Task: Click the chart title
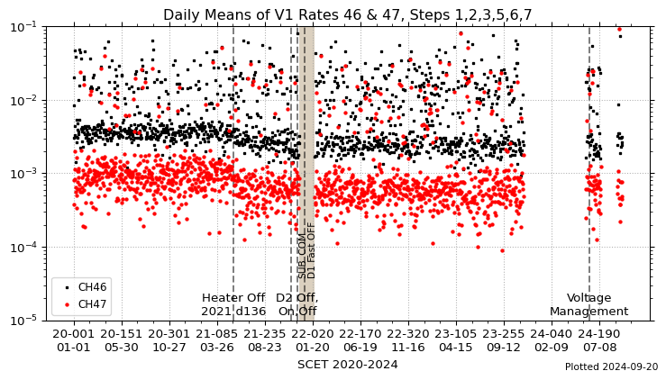click(347, 14)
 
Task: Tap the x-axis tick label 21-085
click(216, 334)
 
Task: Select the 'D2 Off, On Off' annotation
click(297, 304)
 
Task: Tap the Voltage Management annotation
click(588, 304)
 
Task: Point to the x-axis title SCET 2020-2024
click(347, 365)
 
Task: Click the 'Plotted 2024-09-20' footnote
click(611, 367)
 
